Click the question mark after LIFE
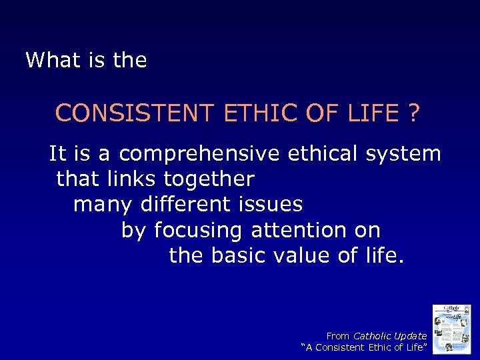pos(414,113)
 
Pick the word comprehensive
pos(199,154)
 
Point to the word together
pos(209,179)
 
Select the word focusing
pos(199,231)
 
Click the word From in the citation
pos(338,336)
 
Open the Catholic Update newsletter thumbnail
pos(451,329)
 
